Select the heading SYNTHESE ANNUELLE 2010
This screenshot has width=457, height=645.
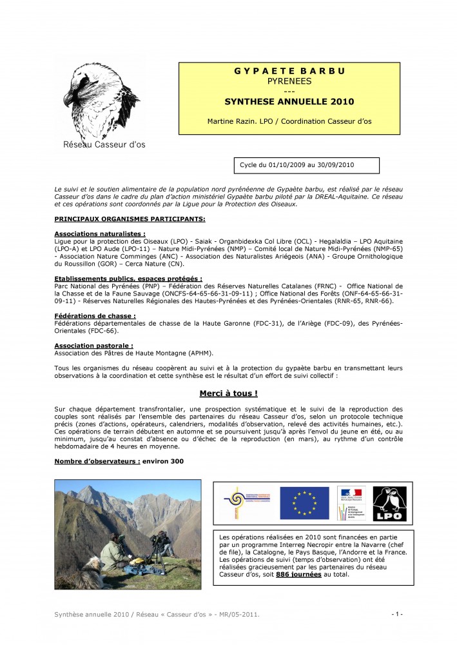pos(289,102)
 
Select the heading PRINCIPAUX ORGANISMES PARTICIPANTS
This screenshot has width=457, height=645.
pos(130,219)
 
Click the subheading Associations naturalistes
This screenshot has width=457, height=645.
pos(100,233)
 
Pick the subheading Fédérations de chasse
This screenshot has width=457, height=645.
pos(95,315)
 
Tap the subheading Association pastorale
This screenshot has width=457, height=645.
pos(93,346)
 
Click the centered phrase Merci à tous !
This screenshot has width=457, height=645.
pos(228,393)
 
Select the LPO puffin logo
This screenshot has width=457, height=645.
pos(389,503)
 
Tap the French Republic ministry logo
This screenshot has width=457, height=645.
pos(351,503)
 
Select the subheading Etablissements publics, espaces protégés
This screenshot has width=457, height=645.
pos(128,279)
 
